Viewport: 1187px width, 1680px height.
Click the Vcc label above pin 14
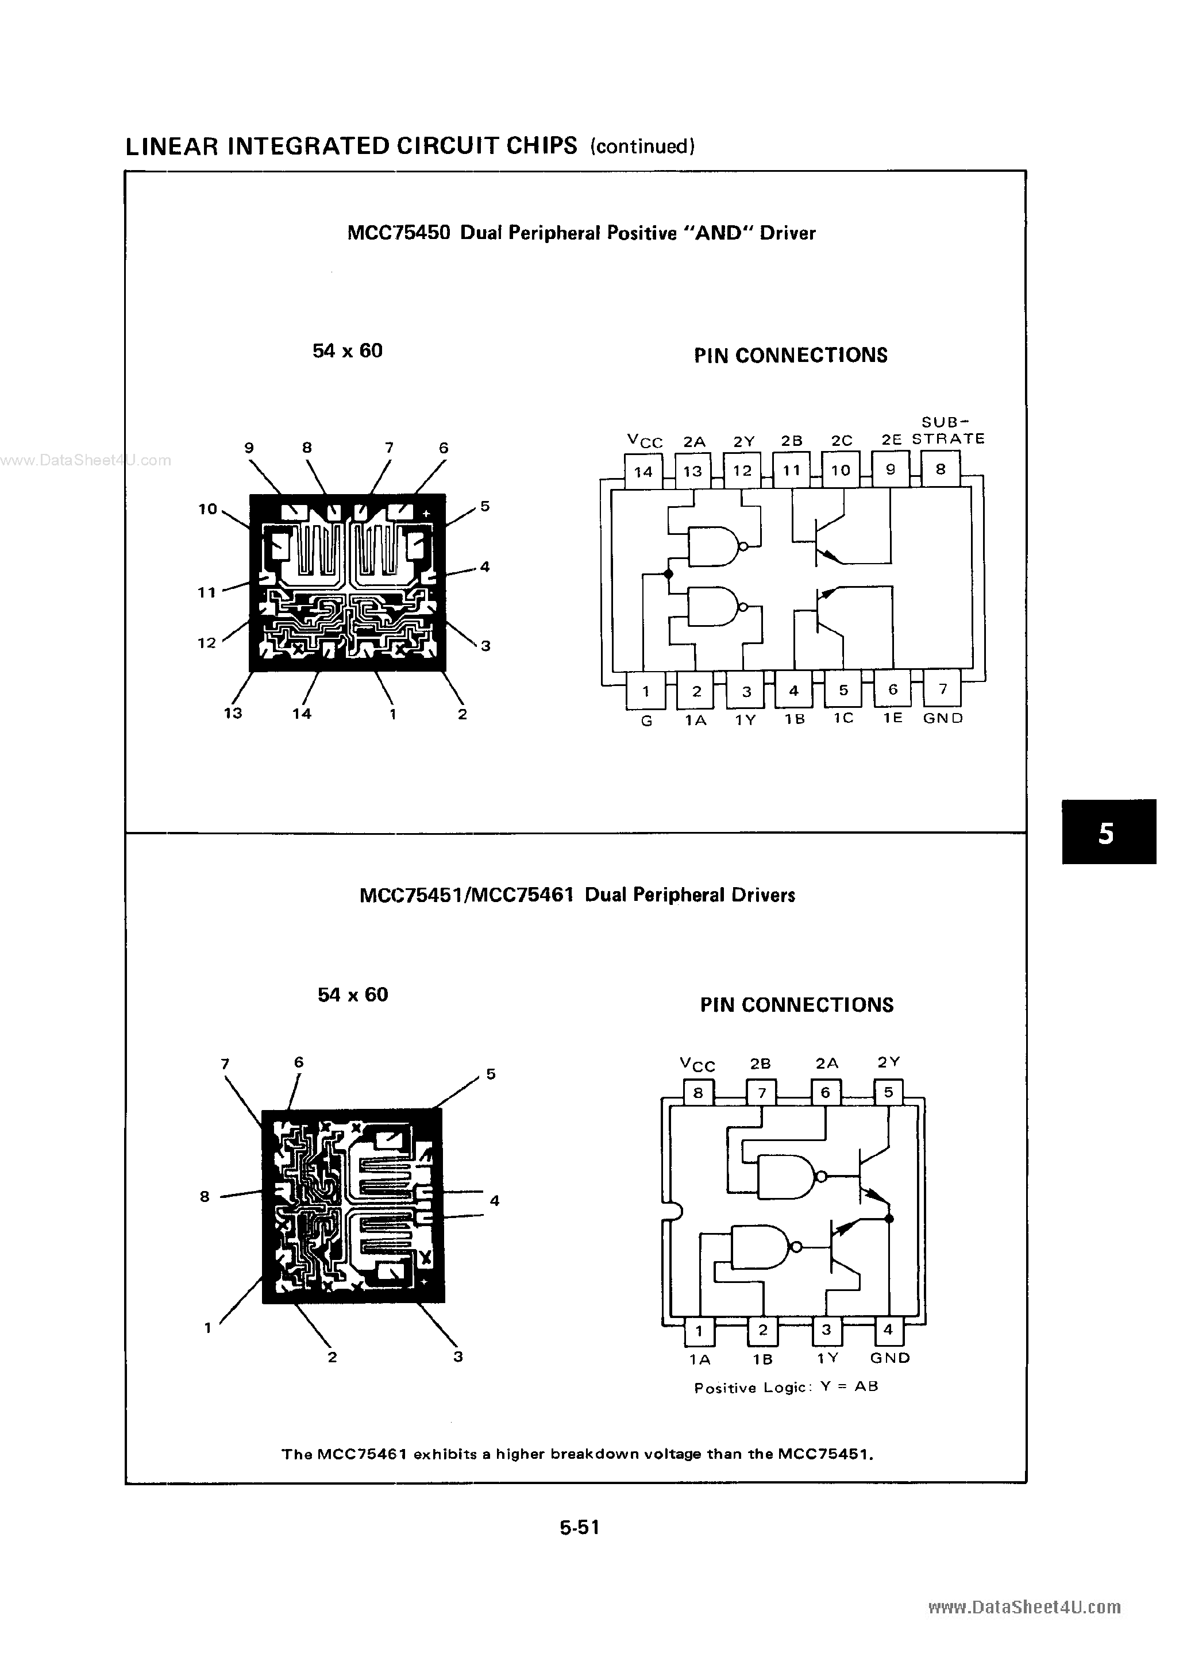(x=645, y=441)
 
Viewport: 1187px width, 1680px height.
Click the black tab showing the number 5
(x=1108, y=833)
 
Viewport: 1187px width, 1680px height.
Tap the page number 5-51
(x=580, y=1527)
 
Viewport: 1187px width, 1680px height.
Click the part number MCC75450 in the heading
(x=399, y=233)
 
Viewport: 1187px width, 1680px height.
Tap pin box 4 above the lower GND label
(x=888, y=1330)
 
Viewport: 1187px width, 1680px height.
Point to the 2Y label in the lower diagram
(x=888, y=1062)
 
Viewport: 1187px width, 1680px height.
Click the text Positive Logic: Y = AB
(x=786, y=1388)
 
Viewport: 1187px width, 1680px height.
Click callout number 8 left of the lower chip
(x=205, y=1196)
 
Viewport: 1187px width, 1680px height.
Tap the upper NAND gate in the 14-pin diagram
(x=714, y=546)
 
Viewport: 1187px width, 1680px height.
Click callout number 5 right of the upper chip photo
(x=485, y=506)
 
